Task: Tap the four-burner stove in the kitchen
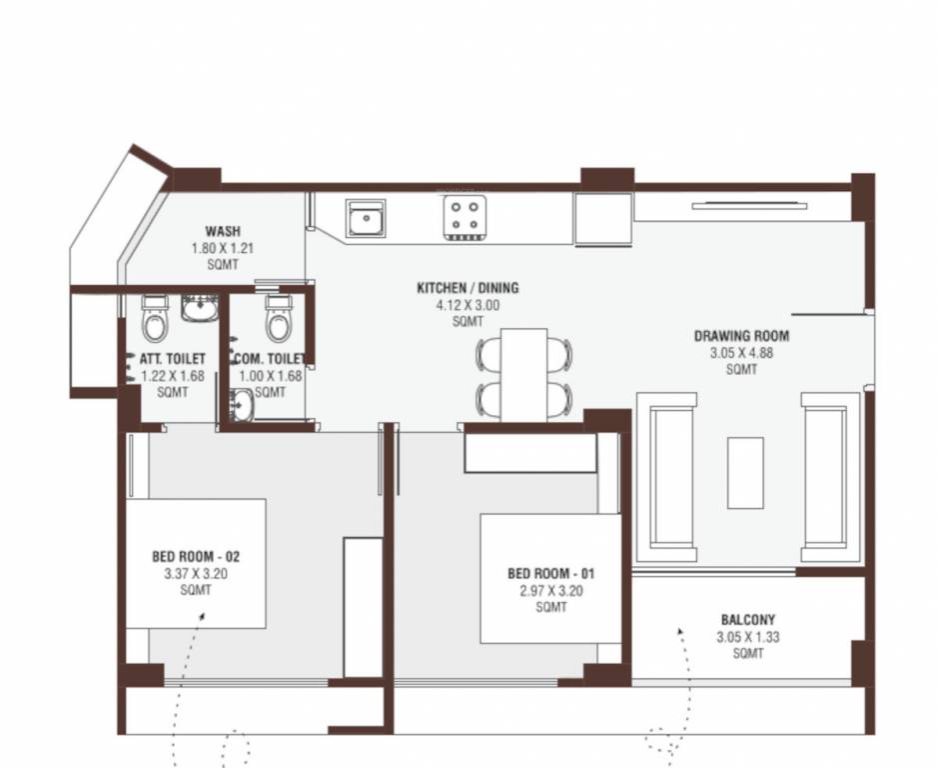(463, 217)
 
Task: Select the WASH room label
(223, 231)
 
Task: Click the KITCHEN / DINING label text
(468, 288)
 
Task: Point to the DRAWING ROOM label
(741, 336)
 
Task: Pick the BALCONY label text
(747, 620)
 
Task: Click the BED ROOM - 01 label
(551, 574)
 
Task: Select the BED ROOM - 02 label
(196, 556)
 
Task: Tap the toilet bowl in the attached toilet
(155, 321)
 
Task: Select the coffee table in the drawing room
(744, 471)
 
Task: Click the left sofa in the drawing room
(672, 475)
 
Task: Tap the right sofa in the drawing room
(829, 475)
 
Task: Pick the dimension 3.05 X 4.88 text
(741, 353)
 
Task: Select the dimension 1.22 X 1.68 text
(171, 376)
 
